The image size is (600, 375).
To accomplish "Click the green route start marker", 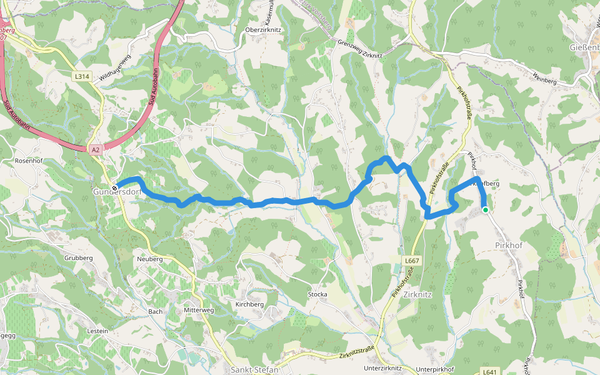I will [x=485, y=210].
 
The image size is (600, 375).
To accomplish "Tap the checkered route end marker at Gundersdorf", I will [x=115, y=187].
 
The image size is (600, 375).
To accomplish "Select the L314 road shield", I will [x=82, y=76].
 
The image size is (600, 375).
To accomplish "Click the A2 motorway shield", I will [x=95, y=150].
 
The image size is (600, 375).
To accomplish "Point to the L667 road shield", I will [x=411, y=261].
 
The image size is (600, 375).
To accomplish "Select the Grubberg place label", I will [x=78, y=257].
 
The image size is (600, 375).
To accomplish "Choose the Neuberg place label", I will [x=149, y=259].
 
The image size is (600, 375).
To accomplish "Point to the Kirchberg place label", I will [x=249, y=304].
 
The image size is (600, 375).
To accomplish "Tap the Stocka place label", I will [x=317, y=294].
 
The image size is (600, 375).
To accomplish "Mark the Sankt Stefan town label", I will [x=254, y=370].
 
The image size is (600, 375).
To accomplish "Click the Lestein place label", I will [x=98, y=331].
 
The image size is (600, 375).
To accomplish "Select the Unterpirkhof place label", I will [x=435, y=369].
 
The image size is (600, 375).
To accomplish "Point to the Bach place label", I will [x=155, y=311].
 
